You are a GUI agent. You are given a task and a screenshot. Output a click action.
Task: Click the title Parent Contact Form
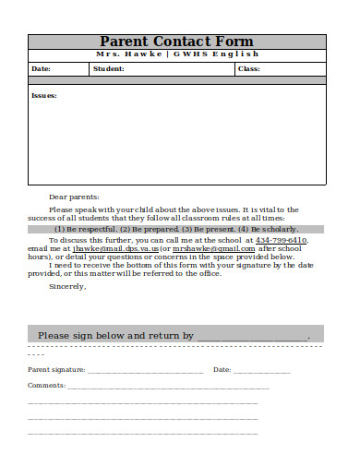point(175,42)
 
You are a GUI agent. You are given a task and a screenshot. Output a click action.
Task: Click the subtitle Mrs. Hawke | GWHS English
point(175,54)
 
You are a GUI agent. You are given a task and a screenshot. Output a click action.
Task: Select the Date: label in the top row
point(42,68)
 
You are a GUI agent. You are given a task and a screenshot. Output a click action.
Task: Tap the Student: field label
point(109,68)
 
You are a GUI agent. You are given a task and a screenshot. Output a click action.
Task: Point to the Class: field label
point(249,68)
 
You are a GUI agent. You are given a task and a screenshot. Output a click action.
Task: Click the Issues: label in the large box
point(44,95)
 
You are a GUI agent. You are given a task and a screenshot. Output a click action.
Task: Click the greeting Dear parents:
point(73,197)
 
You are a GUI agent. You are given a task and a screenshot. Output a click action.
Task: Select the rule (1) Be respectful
point(85,229)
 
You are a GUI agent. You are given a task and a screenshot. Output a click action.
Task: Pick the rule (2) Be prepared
point(149,229)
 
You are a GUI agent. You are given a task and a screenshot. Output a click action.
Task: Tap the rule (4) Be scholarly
point(268,229)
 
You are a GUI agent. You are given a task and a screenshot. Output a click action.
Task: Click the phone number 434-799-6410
point(281,240)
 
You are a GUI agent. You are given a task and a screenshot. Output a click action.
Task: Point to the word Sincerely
point(66,285)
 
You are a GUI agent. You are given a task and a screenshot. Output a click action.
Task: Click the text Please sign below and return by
point(115,336)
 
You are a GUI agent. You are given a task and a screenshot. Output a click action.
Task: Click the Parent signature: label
point(56,369)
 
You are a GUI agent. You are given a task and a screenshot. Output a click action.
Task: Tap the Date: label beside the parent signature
point(222,369)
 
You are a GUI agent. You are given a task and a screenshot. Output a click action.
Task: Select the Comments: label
point(46,385)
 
